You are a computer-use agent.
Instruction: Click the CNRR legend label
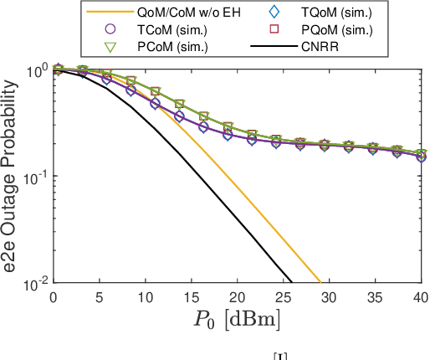[x=320, y=46]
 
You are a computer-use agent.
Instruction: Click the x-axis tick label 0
[x=54, y=297]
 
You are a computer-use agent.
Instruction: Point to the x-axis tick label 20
[x=238, y=297]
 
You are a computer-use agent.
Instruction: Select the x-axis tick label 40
[x=421, y=297]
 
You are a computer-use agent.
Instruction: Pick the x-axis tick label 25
[x=284, y=297]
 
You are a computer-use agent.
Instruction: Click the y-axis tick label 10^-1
[x=33, y=177]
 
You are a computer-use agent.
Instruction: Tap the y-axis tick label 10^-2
[x=33, y=285]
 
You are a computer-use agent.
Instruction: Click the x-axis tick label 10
[x=146, y=297]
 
